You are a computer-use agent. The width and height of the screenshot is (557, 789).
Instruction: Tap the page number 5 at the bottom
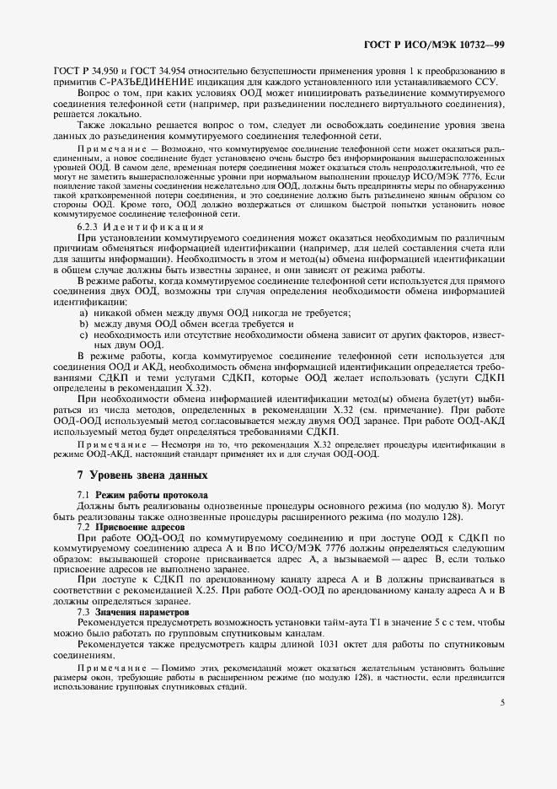[x=501, y=701]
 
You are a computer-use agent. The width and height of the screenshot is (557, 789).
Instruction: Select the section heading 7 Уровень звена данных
[x=136, y=475]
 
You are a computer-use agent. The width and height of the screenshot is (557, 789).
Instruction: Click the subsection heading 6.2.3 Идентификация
[x=139, y=227]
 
